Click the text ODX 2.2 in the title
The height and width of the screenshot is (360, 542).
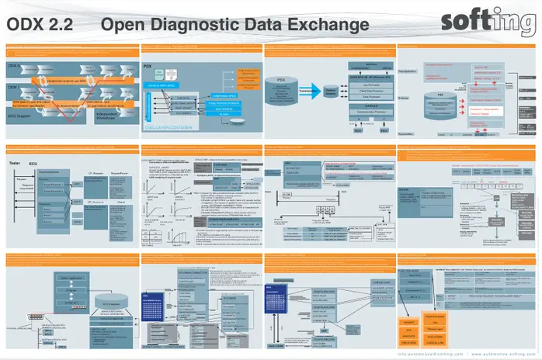coord(40,25)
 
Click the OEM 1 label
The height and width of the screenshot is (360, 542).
coord(14,87)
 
